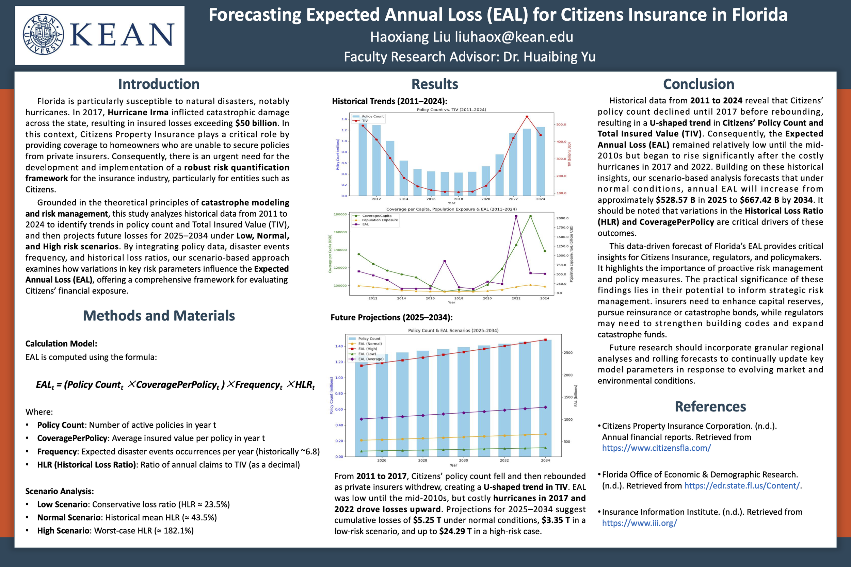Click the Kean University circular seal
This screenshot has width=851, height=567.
click(44, 35)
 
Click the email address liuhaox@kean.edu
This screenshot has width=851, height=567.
click(514, 37)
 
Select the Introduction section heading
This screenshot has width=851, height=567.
click(159, 84)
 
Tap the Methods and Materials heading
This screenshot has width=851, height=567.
click(159, 316)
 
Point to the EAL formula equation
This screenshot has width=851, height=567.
click(175, 385)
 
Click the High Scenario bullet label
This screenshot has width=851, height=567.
click(63, 531)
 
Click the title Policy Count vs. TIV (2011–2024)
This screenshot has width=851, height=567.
click(451, 110)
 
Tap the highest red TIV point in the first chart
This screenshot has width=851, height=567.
click(527, 117)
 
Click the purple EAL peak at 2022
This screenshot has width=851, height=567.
click(516, 216)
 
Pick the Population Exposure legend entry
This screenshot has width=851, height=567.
click(380, 220)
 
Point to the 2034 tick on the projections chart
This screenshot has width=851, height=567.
click(545, 460)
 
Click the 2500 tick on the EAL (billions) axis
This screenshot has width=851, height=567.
click(568, 353)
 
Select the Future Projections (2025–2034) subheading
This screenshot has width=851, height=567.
click(391, 317)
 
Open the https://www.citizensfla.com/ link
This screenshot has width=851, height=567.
click(656, 448)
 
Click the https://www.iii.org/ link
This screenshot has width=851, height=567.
click(639, 523)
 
